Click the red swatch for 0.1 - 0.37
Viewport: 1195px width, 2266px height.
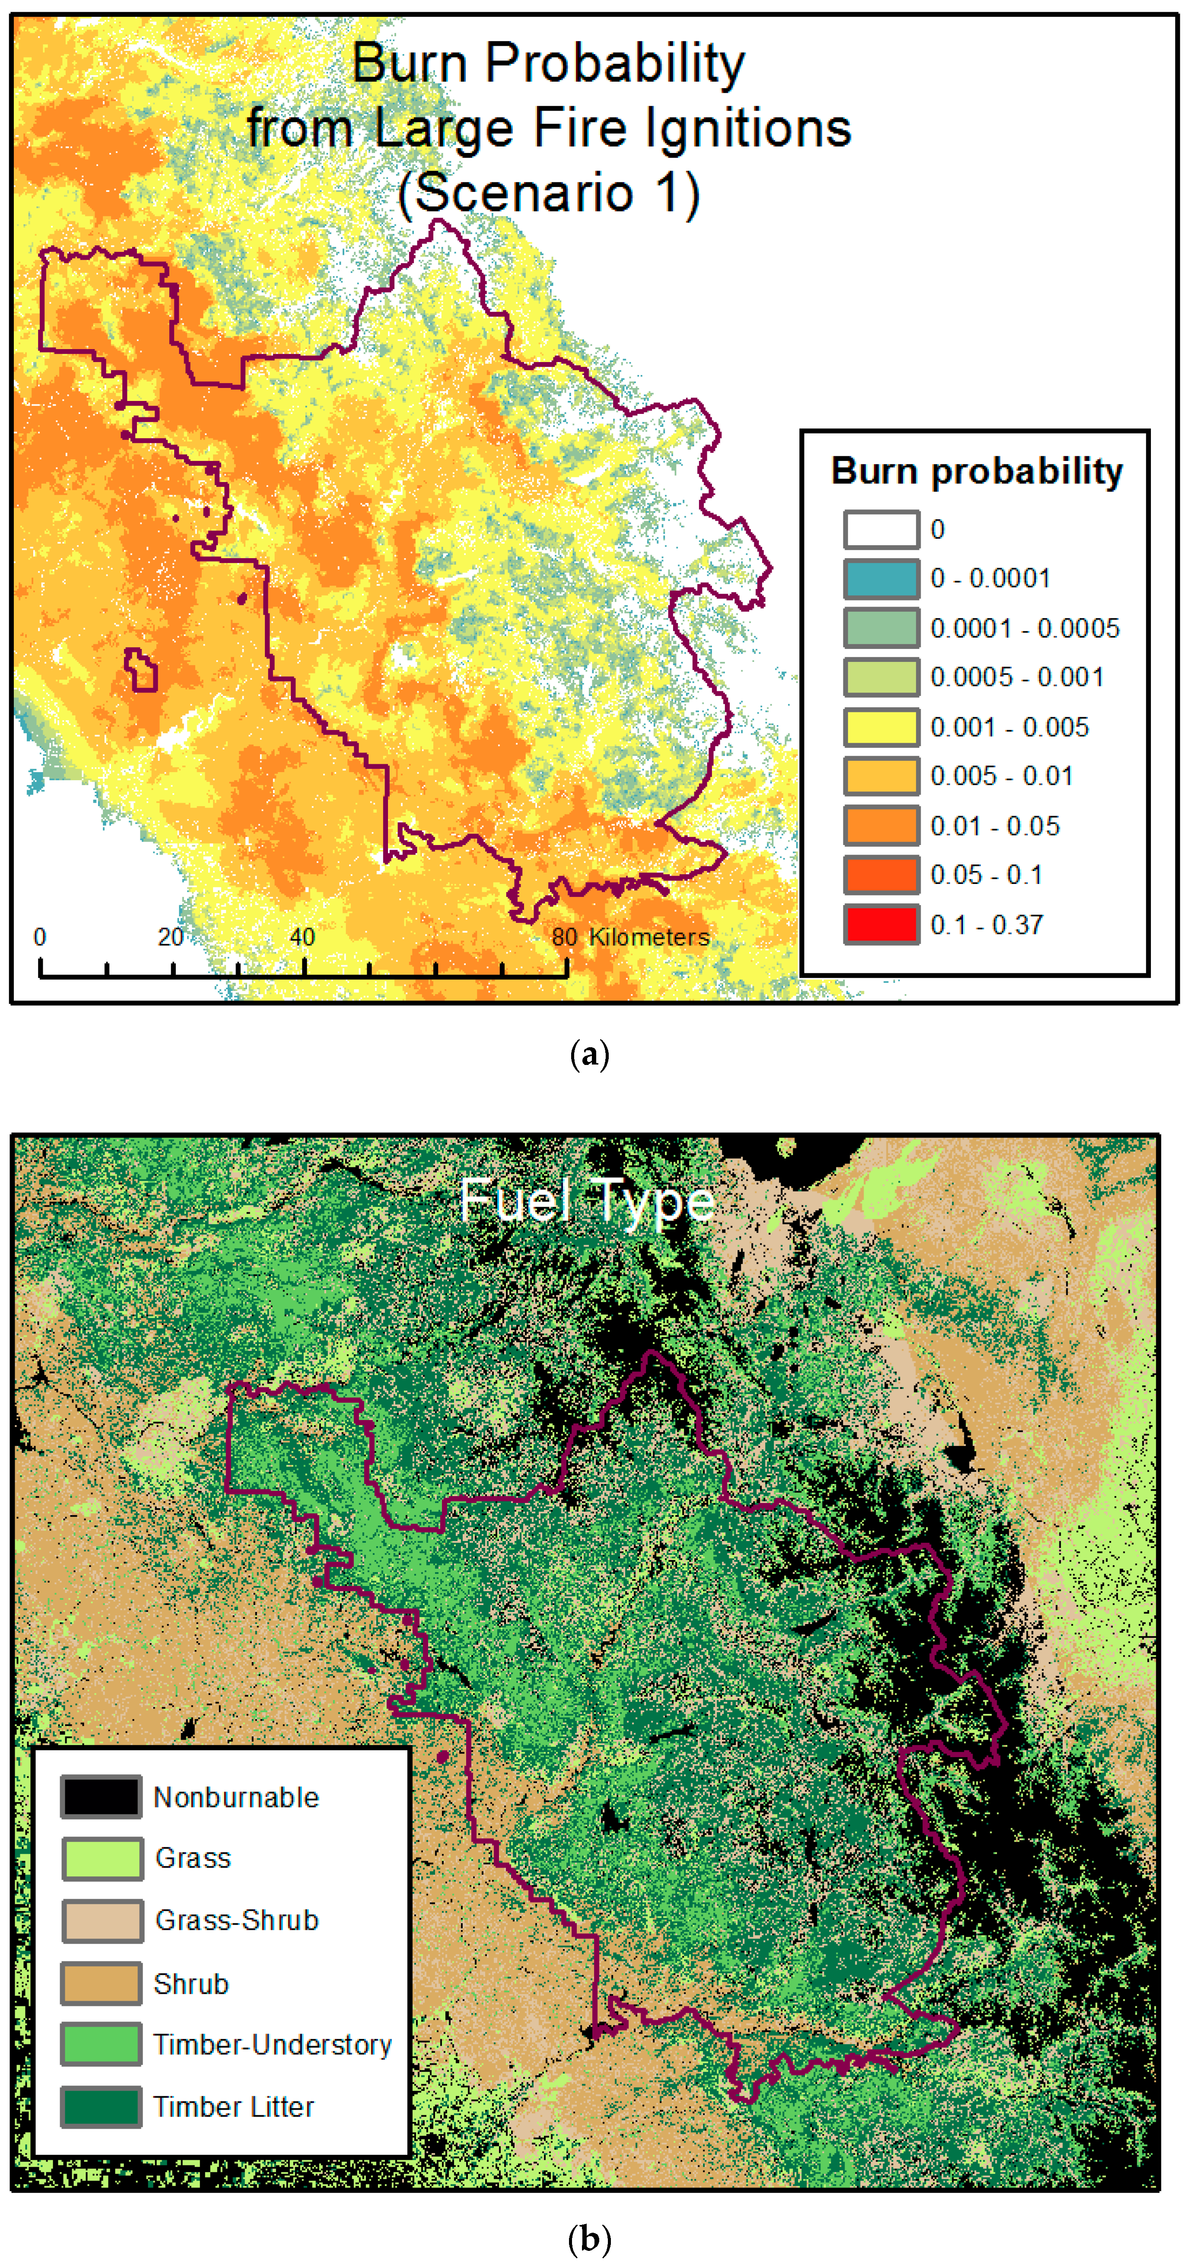click(881, 925)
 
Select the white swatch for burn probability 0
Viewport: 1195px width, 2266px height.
click(881, 530)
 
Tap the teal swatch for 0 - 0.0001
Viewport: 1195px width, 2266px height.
click(881, 579)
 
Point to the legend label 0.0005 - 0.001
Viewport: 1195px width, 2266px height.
click(1017, 677)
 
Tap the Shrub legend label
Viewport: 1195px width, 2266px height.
click(191, 1983)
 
